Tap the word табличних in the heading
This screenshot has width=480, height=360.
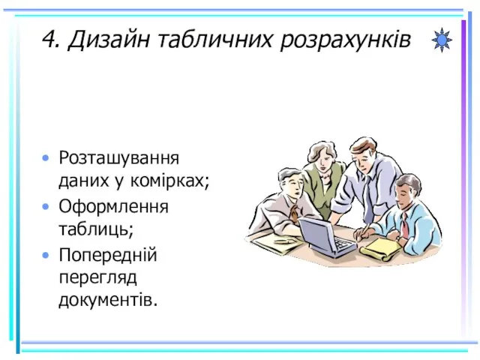click(x=215, y=39)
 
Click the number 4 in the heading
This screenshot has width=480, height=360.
click(x=50, y=39)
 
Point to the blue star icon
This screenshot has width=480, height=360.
click(x=442, y=40)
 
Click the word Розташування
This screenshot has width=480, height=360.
click(x=118, y=158)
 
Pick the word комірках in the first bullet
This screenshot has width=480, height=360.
click(x=167, y=181)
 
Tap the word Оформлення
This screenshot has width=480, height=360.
click(x=113, y=207)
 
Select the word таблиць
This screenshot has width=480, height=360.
click(x=94, y=229)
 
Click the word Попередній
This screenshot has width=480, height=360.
click(x=108, y=254)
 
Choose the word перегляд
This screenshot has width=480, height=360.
click(x=98, y=278)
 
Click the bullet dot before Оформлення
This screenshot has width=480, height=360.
click(x=46, y=207)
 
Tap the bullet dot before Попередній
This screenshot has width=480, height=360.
click(x=46, y=255)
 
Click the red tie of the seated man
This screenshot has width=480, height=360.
click(x=405, y=225)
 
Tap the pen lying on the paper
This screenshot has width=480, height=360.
click(x=284, y=241)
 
